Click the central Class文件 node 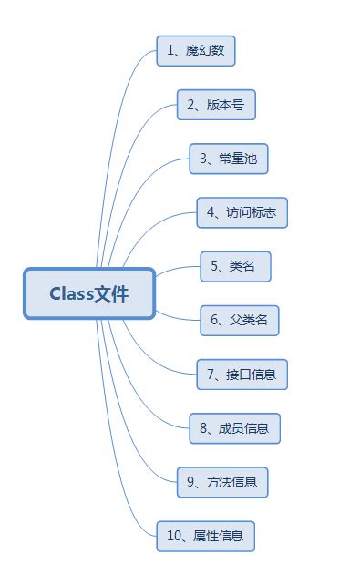(89, 293)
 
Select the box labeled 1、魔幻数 (196, 51)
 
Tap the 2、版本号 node (216, 105)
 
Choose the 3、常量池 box (229, 159)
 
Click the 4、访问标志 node (242, 212)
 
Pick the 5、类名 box (235, 266)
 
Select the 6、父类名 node (240, 320)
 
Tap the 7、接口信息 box (242, 374)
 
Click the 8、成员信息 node (235, 427)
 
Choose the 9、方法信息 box (223, 482)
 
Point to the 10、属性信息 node (206, 536)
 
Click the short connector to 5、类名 (179, 269)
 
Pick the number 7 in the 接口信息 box (211, 374)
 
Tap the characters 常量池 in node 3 (238, 159)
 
